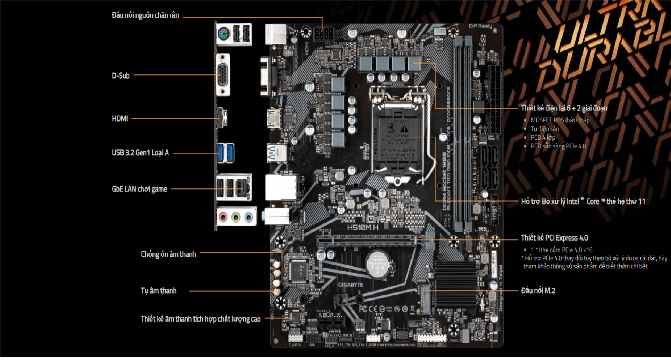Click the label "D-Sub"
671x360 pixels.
coord(121,75)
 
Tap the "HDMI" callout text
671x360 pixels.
coord(120,118)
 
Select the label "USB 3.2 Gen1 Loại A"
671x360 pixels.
coord(140,153)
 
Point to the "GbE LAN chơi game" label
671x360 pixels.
coord(139,189)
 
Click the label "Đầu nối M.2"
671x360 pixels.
coord(538,290)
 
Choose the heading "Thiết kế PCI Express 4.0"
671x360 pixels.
coord(554,238)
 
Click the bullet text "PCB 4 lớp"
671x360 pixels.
coord(543,137)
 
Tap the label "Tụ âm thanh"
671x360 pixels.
coord(158,290)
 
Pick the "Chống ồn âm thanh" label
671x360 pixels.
coord(168,254)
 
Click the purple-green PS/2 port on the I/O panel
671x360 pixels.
coord(223,34)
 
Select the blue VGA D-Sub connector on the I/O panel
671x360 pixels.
coord(223,75)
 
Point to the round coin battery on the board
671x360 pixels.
coord(377,264)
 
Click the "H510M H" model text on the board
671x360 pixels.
coord(362,228)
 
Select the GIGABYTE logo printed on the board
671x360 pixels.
coord(350,285)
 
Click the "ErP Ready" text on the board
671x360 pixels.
coord(480,26)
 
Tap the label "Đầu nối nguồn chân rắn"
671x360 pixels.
coord(145,15)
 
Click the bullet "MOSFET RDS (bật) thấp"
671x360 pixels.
coord(560,120)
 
